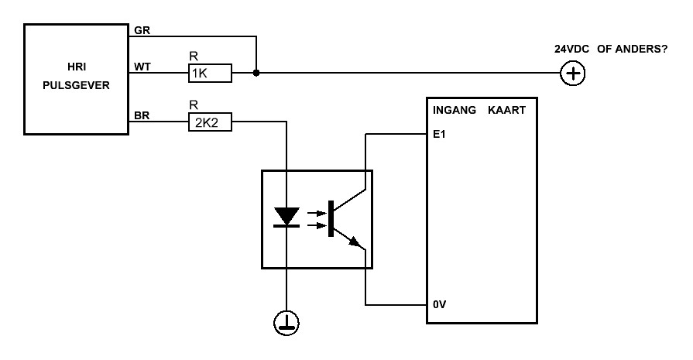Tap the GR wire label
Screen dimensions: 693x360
coord(142,30)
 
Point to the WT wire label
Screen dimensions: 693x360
coord(142,67)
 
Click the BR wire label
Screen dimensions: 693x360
coord(142,115)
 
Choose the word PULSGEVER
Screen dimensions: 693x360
coord(76,85)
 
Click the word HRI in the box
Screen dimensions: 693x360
coord(77,67)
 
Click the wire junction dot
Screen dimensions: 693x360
coord(256,73)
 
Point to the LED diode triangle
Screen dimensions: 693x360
coord(286,216)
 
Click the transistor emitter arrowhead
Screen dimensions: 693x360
coord(355,242)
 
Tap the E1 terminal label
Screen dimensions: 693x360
coord(439,134)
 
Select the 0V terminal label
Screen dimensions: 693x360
coord(439,304)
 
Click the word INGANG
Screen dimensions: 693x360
coord(455,110)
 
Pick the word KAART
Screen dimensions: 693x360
coord(507,110)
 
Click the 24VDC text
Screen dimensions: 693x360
coord(572,49)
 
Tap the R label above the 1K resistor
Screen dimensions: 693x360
coord(194,56)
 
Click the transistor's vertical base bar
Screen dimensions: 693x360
coord(331,218)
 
